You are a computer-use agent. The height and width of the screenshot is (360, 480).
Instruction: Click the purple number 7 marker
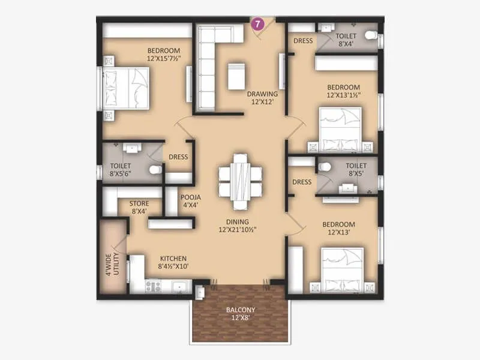coord(257,25)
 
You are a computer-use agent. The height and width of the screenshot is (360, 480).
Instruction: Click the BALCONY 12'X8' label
coord(241,314)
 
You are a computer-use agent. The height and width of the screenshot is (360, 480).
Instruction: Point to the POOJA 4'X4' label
coord(190,201)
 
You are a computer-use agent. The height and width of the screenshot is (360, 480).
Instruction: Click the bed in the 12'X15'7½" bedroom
coord(126,89)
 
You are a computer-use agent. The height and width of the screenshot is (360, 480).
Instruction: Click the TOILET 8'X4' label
coord(347,40)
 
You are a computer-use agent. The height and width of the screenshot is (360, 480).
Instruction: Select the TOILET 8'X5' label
coord(356,170)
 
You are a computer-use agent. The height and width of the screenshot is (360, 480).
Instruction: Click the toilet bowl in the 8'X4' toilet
coord(370,35)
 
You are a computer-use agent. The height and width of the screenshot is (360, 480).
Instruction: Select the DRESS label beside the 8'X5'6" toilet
coord(178,157)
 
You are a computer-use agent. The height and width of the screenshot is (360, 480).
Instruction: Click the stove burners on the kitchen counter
coord(152,287)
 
